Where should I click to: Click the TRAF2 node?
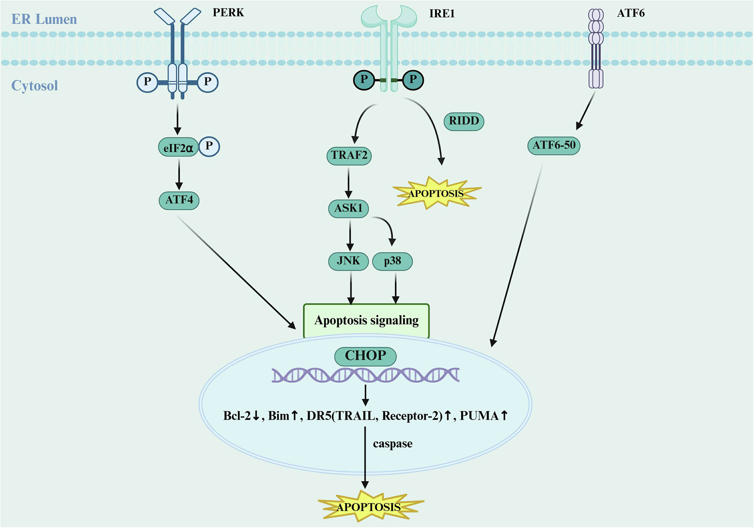point(349,155)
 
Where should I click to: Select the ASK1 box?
point(349,208)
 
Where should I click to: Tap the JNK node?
point(348,261)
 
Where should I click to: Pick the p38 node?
point(393,261)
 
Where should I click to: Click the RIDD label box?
point(464,121)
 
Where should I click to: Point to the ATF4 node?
point(179,200)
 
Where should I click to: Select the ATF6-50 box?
point(554,146)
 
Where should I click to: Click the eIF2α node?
point(178,148)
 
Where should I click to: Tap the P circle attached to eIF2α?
point(209,146)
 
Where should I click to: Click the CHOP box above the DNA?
point(365,356)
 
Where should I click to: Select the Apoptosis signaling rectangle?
point(366,321)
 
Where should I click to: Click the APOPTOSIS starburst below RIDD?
point(436,193)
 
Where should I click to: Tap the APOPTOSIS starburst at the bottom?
point(369,507)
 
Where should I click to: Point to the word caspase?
point(393,444)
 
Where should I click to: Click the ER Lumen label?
point(44,19)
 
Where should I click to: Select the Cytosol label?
point(34,86)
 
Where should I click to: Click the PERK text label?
point(228,12)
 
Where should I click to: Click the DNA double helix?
point(365,375)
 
